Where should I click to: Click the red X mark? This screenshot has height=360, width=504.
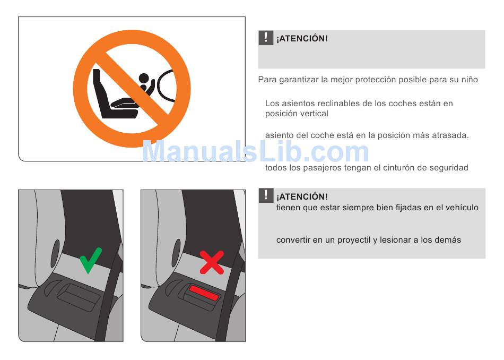tap(212, 262)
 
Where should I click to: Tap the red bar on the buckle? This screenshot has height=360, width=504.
tap(204, 292)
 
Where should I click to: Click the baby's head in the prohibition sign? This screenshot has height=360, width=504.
tap(144, 78)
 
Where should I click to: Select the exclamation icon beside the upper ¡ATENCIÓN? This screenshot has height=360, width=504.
tap(266, 38)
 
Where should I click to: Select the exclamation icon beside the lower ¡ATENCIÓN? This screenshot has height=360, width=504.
tap(266, 195)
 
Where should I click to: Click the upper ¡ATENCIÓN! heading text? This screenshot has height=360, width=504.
tap(302, 39)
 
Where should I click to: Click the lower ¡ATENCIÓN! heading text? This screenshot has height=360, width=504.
tap(302, 196)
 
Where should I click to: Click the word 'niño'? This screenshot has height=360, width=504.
tap(470, 80)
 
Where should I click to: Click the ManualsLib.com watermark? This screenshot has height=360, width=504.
tap(255, 152)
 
